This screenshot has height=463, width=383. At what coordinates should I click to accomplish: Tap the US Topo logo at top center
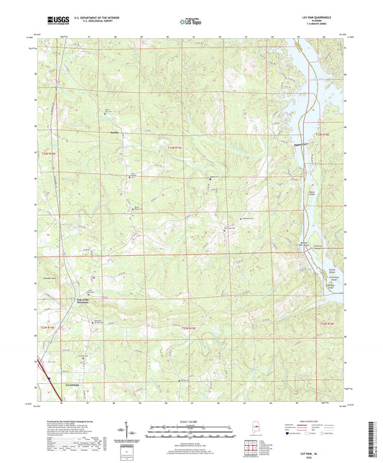(190, 22)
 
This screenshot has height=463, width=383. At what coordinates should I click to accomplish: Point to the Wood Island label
(311, 193)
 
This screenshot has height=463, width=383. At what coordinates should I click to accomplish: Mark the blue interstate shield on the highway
(47, 373)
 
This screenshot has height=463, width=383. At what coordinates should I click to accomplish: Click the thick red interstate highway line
(40, 363)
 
